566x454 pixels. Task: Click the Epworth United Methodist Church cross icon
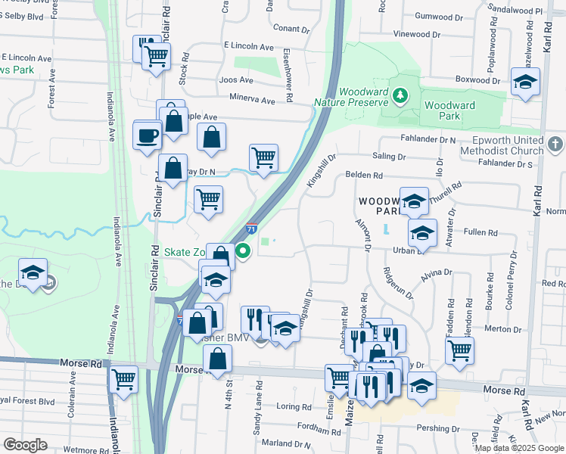pyautogui.click(x=555, y=143)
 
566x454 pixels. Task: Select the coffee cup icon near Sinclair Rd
pyautogui.click(x=148, y=136)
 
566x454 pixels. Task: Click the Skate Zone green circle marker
pyautogui.click(x=243, y=251)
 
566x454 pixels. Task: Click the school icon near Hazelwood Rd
pyautogui.click(x=524, y=82)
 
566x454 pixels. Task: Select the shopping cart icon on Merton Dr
pyautogui.click(x=459, y=350)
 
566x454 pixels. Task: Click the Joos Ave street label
pyautogui.click(x=235, y=79)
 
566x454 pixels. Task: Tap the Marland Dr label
pyautogui.click(x=281, y=443)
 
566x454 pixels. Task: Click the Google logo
pyautogui.click(x=25, y=445)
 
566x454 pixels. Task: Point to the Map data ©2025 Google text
pyautogui.click(x=518, y=448)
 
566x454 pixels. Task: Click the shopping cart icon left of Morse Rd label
pyautogui.click(x=123, y=378)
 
